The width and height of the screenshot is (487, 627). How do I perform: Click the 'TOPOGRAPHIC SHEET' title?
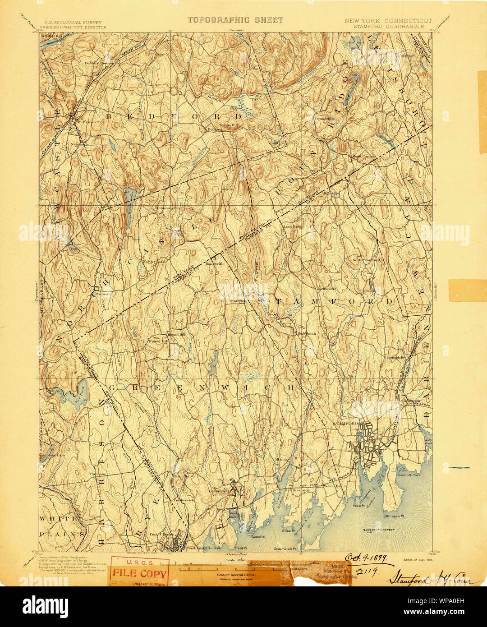pos(235,20)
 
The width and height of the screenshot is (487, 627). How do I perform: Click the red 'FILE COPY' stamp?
pos(140,574)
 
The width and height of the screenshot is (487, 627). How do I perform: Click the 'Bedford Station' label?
pos(99,63)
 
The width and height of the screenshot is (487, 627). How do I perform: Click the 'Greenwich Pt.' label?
pos(285,549)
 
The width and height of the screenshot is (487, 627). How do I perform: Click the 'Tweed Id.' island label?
pos(257,537)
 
